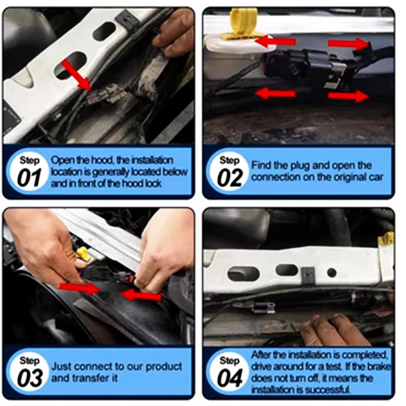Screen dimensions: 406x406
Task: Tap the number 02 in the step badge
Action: tap(230, 178)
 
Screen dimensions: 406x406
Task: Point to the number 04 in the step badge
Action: tap(230, 378)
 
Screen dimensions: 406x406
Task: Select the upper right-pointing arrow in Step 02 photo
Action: tap(348, 43)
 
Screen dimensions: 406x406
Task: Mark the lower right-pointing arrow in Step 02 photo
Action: tap(348, 96)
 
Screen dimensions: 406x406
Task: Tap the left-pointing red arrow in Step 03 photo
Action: tap(142, 296)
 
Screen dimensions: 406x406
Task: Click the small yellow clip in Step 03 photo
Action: tap(83, 253)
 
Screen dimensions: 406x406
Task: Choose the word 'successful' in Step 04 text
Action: tap(330, 390)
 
